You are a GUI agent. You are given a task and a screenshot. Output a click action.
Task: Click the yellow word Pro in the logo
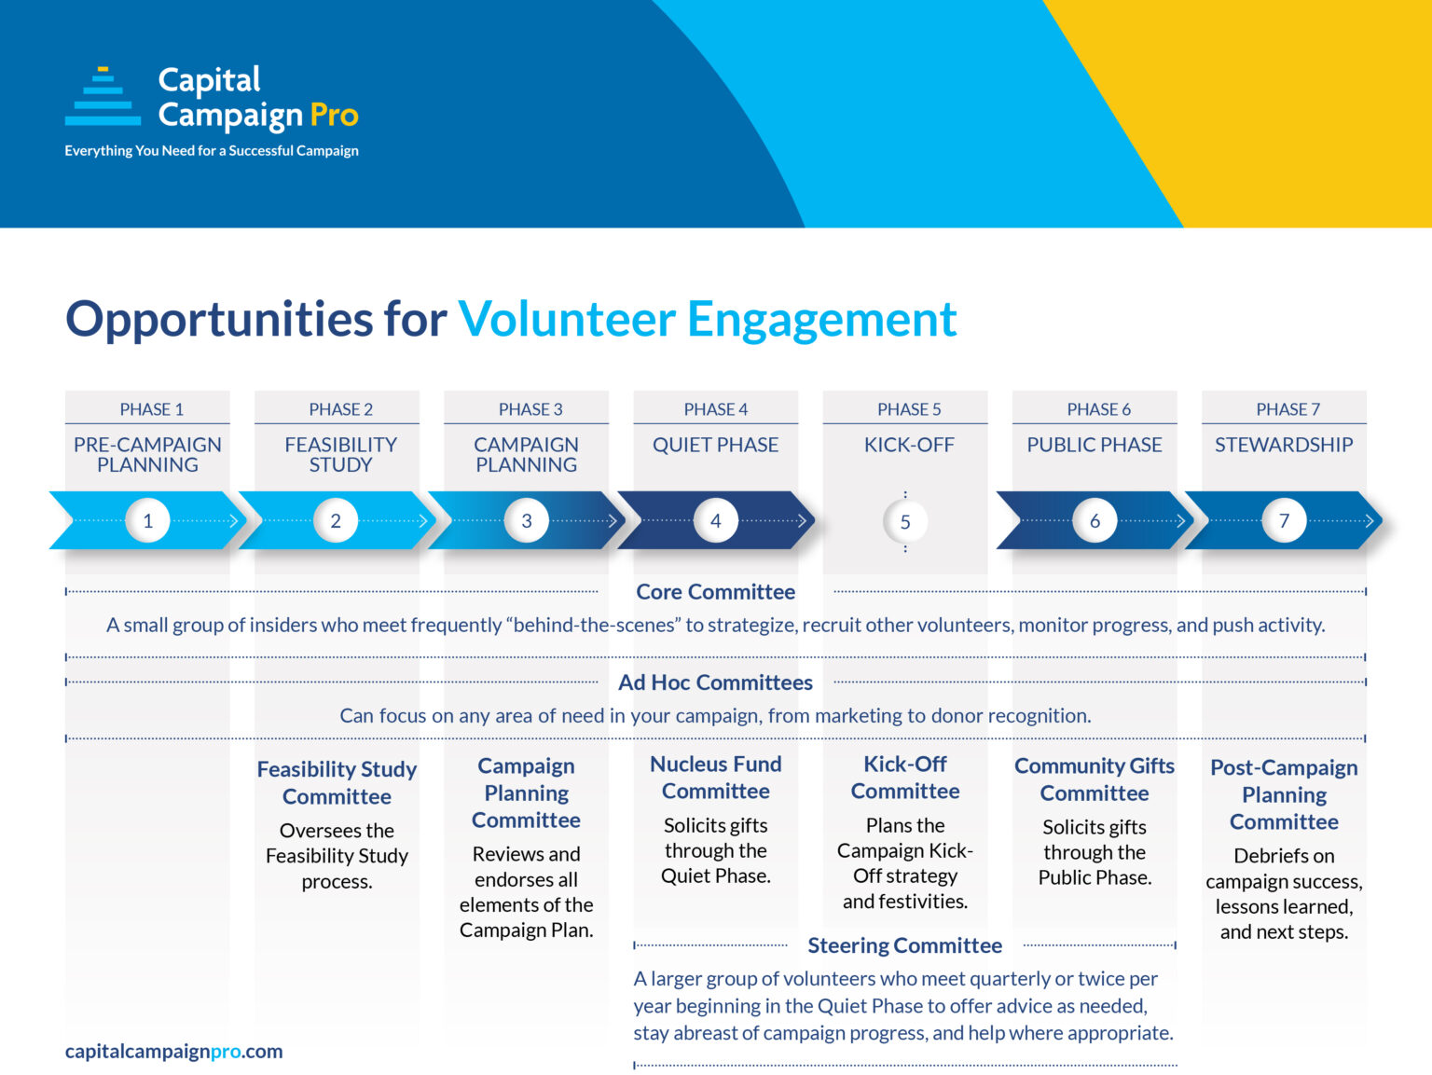[334, 115]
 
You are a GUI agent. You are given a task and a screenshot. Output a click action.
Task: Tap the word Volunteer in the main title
[566, 319]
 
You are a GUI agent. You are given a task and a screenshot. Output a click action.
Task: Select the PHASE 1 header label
[151, 409]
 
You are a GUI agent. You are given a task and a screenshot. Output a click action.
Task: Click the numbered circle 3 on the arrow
[527, 520]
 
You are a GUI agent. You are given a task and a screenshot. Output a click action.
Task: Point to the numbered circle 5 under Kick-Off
[905, 522]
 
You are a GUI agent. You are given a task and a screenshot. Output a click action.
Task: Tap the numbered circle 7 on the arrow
[1284, 520]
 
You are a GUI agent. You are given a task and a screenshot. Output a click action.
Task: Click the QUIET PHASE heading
[715, 445]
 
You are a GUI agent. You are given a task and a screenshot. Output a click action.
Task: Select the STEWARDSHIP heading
[1283, 445]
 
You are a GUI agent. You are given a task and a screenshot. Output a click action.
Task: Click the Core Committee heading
[715, 592]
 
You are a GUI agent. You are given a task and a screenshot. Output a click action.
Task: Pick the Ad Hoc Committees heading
[715, 682]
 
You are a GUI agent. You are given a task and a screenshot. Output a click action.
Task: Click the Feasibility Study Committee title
[337, 782]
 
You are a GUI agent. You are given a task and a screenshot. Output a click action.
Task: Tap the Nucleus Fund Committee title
[715, 778]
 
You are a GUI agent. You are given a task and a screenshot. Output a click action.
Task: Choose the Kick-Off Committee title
[904, 778]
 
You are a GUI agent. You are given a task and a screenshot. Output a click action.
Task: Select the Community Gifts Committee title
[1094, 779]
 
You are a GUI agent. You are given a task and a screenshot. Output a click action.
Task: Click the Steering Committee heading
[904, 945]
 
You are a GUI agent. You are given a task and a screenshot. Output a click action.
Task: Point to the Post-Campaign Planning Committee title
[1284, 794]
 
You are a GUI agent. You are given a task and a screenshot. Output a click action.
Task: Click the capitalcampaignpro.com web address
[173, 1051]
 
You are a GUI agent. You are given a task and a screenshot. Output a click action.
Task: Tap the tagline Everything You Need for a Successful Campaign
[212, 150]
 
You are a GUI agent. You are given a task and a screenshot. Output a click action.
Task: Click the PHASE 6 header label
[1098, 409]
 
